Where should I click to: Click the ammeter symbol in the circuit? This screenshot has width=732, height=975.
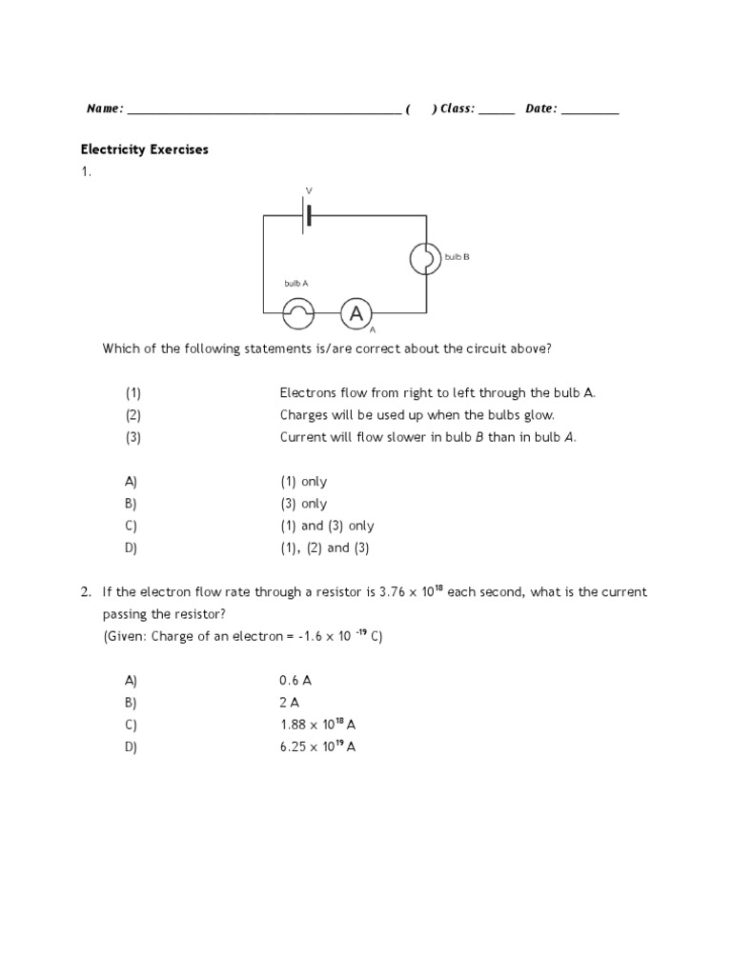point(356,312)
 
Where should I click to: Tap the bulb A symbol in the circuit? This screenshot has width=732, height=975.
point(297,312)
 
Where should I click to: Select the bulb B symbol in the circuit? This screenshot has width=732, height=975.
point(426,257)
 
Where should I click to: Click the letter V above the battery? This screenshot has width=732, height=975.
point(308,191)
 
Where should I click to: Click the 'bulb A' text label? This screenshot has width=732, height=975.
point(296,284)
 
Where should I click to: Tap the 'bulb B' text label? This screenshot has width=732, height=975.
point(457,257)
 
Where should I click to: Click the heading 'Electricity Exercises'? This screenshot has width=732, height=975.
point(144,149)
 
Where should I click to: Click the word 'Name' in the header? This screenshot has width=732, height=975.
point(103,109)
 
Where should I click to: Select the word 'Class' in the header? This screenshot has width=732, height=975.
point(456,109)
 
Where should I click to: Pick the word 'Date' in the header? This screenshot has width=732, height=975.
point(539,109)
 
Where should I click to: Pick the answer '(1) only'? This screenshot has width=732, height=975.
point(303,482)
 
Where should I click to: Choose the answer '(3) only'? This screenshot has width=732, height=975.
point(303,504)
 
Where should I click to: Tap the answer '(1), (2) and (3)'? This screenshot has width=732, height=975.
point(324,547)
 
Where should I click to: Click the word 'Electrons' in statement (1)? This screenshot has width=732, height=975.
point(307,393)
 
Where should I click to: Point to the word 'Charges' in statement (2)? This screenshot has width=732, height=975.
point(304,415)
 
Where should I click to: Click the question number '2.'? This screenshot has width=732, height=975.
point(86,592)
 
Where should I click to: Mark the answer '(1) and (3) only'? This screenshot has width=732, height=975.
point(327,526)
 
